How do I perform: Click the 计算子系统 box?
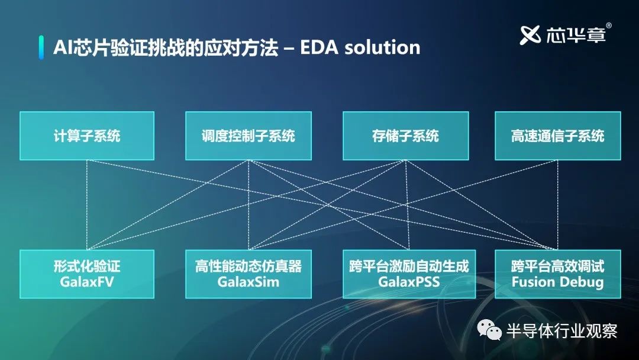(x=87, y=136)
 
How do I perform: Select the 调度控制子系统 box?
(x=248, y=136)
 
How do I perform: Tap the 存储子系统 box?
(x=405, y=136)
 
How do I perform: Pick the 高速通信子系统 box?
(x=557, y=136)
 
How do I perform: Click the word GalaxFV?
(x=87, y=282)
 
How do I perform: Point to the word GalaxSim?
(x=248, y=282)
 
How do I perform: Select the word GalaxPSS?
(x=409, y=282)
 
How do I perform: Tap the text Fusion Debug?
(x=557, y=282)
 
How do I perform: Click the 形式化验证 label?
(x=87, y=266)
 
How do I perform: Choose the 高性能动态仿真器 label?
(x=248, y=266)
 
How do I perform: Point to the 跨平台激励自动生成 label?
(x=409, y=266)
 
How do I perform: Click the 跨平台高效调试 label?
(x=557, y=266)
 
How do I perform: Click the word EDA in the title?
(x=319, y=47)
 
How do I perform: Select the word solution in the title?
(x=382, y=47)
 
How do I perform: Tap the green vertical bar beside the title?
(x=41, y=47)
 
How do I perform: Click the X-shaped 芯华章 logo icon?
(x=530, y=35)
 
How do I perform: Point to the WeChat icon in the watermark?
(x=489, y=330)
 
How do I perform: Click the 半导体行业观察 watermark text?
(x=562, y=330)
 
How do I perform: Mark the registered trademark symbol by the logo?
(x=609, y=25)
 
